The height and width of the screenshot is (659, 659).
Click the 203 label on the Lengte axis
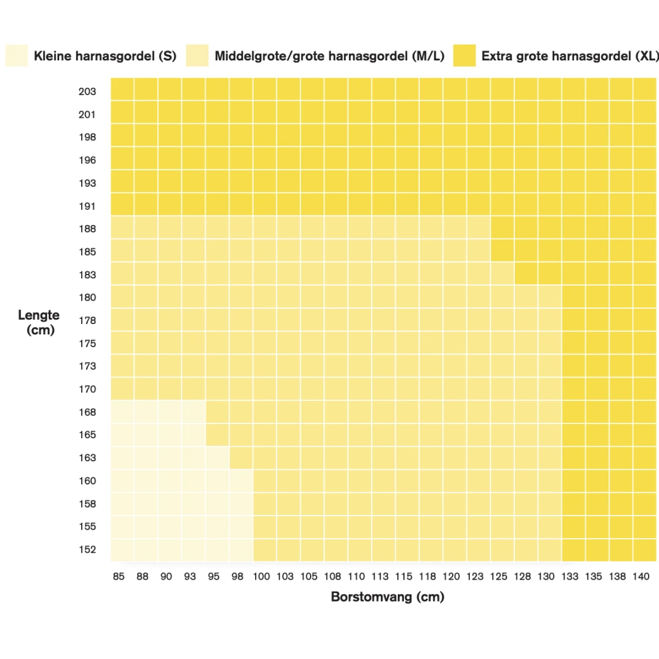coord(87,92)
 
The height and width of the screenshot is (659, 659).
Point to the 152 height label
coord(87,549)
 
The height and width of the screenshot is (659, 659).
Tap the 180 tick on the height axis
coord(87,298)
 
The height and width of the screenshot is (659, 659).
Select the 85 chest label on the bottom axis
coord(119,576)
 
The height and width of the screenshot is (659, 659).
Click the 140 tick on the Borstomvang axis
coord(641,576)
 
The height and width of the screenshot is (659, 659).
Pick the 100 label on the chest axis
coord(262,576)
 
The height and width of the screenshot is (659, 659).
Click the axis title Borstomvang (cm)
coord(387,597)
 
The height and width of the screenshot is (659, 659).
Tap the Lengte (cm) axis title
coord(39,322)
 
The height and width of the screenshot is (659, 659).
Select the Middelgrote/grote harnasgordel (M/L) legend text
coord(329,57)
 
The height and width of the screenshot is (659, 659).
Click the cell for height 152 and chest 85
coord(122,549)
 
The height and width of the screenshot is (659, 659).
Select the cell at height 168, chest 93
coord(193,411)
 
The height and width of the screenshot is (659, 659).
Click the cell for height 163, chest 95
coord(217,457)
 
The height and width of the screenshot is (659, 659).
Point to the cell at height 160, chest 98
coord(241,480)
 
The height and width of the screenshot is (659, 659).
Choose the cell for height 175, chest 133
coord(574,342)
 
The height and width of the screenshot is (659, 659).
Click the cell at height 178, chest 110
coord(360,319)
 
